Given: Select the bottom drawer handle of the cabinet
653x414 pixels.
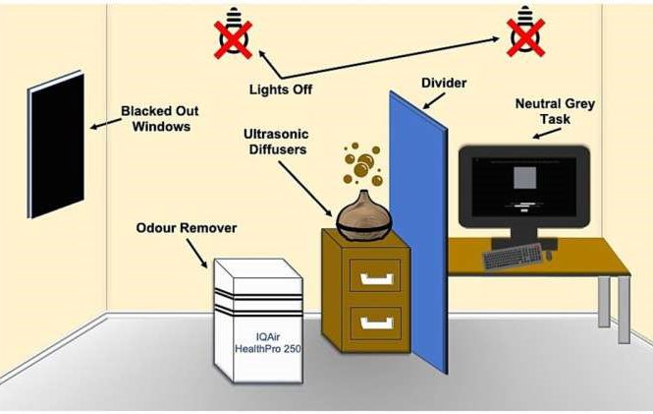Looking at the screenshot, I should click(376, 321).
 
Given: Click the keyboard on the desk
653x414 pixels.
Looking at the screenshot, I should click(516, 256).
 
